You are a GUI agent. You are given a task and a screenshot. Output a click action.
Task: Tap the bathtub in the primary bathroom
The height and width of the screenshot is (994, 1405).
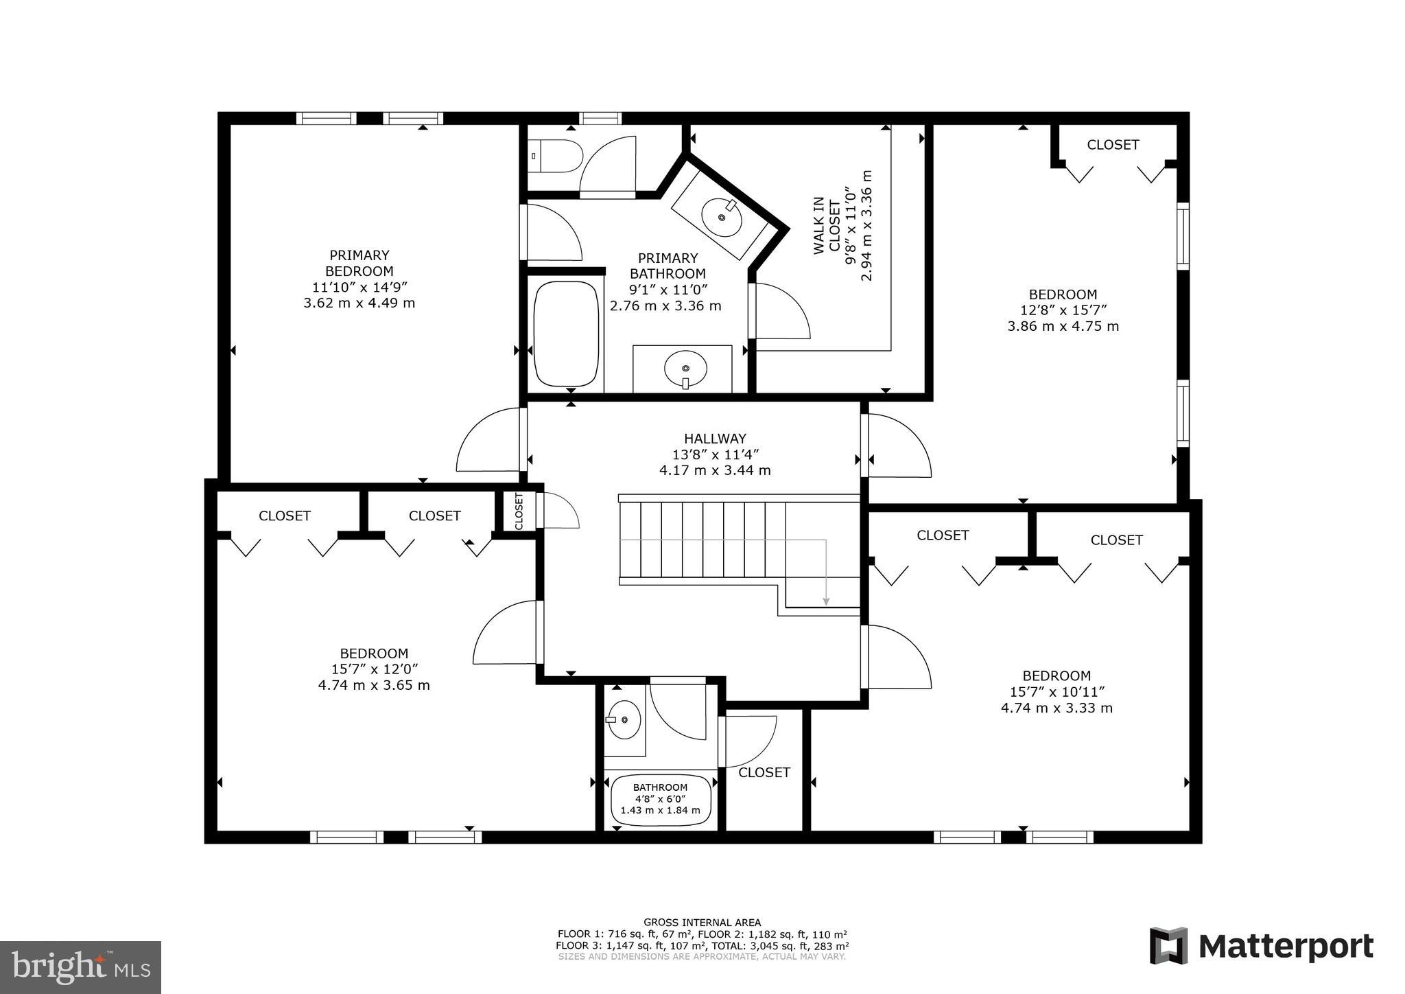point(567,334)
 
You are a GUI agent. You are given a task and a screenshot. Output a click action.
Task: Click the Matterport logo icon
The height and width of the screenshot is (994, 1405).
point(1168,946)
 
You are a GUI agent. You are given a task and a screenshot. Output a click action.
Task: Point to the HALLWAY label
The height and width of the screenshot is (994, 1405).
point(715,439)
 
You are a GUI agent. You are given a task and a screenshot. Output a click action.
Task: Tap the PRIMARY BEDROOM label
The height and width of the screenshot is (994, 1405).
point(359,263)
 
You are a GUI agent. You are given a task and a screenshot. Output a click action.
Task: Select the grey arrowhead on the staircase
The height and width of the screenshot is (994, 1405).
point(826,601)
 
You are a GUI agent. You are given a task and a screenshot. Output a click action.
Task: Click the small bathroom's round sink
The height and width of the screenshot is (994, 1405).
point(624,719)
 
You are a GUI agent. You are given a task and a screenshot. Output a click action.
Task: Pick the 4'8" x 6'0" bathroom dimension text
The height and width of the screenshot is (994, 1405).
point(660,799)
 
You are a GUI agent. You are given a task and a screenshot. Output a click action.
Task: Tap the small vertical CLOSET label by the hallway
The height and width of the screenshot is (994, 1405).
point(519,511)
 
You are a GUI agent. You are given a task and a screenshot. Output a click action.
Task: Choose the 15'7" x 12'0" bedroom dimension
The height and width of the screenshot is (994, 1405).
point(374,669)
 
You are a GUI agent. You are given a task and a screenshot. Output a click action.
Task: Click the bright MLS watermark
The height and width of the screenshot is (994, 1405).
point(81,967)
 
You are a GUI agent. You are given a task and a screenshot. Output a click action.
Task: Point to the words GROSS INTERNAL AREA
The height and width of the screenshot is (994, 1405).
point(702,923)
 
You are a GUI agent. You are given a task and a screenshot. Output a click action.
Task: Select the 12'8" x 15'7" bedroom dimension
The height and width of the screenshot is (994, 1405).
point(1063,310)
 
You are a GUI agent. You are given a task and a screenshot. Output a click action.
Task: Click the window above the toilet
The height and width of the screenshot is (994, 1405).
point(600,118)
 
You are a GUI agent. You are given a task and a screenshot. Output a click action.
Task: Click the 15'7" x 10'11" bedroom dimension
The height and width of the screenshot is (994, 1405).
point(1056,692)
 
